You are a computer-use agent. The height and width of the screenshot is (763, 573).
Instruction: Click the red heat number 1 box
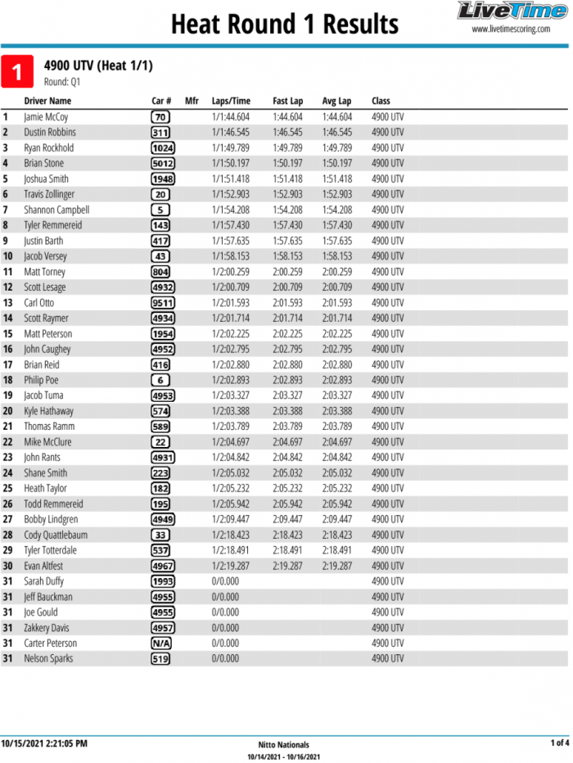tap(17, 72)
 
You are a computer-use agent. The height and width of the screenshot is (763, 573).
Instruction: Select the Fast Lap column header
tap(287, 101)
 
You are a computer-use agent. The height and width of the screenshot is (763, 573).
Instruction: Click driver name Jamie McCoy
tap(46, 117)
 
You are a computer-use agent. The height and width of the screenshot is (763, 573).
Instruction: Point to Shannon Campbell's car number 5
tap(160, 210)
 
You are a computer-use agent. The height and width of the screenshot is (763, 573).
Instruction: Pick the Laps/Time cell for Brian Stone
tap(230, 164)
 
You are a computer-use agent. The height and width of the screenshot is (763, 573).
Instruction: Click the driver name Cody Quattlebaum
tap(56, 535)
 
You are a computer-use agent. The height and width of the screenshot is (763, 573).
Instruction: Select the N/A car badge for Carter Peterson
tap(160, 643)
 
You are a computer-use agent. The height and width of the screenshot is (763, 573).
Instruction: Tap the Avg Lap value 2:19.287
tap(336, 567)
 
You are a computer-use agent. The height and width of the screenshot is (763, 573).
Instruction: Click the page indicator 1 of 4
tap(559, 743)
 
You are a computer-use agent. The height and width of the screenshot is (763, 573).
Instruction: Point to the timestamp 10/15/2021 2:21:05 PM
tap(44, 743)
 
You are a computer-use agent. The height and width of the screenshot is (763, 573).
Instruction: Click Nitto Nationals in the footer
tap(283, 745)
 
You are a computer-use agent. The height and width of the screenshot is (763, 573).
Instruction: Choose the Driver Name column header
tap(47, 101)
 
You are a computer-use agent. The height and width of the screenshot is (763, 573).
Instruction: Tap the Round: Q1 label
tap(62, 82)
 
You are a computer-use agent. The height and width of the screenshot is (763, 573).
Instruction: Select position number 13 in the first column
tap(8, 303)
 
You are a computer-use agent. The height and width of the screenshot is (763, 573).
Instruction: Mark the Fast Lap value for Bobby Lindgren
tap(287, 520)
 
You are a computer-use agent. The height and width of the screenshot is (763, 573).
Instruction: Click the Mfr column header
tap(192, 101)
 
